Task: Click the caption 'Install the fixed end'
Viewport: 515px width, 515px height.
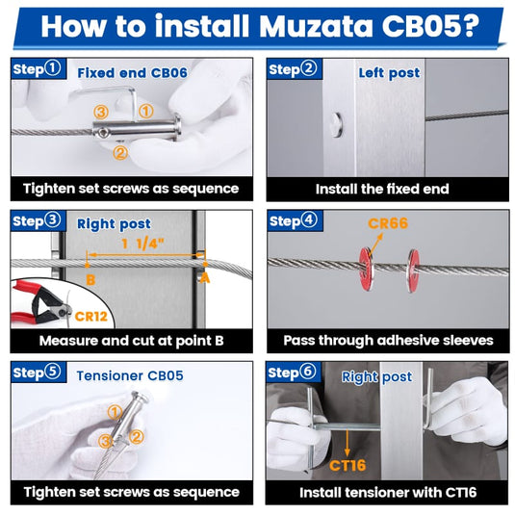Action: (x=385, y=189)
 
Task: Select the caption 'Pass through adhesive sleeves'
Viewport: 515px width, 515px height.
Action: (x=385, y=340)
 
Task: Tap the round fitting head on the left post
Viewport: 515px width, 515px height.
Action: (x=334, y=123)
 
